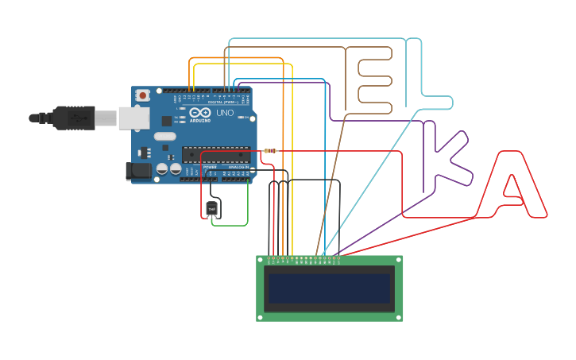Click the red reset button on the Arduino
(x=142, y=95)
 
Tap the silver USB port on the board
(x=133, y=118)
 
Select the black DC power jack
(x=139, y=170)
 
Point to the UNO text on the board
(x=225, y=113)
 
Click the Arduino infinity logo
(x=200, y=113)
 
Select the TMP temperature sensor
(x=211, y=209)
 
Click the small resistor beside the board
(x=270, y=151)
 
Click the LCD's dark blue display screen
(x=329, y=288)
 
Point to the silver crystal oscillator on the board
(x=164, y=136)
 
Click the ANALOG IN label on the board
(x=238, y=167)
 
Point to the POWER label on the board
(x=210, y=167)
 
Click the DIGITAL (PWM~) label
(x=222, y=103)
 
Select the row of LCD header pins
(x=306, y=258)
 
